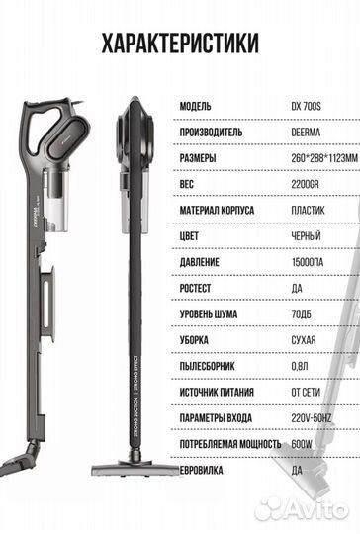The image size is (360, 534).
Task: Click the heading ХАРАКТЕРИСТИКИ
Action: coord(180,44)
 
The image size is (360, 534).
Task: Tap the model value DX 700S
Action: coord(306,107)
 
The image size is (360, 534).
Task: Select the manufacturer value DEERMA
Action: coord(306,133)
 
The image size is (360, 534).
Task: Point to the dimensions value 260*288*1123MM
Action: coord(324,158)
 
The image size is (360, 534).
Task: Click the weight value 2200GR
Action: coord(305,184)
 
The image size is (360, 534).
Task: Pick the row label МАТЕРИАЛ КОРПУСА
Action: coord(217,210)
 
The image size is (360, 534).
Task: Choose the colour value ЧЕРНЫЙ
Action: coord(306,236)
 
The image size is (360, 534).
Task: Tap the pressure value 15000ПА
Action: coord(308,262)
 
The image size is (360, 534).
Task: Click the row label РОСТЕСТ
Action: coord(195,288)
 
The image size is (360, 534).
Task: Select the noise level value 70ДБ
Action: coord(301,314)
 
